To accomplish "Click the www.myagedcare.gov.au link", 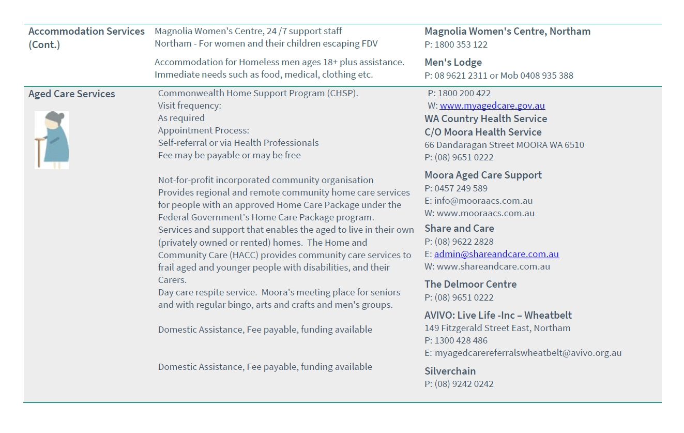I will pyautogui.click(x=492, y=106).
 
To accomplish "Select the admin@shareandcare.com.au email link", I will pyautogui.click(x=496, y=254).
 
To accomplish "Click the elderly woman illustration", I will pyautogui.click(x=52, y=140).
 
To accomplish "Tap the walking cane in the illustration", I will pyautogui.click(x=39, y=152).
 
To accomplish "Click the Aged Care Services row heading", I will pyautogui.click(x=72, y=94).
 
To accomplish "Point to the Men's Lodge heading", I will pyautogui.click(x=453, y=62).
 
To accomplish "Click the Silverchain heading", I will pyautogui.click(x=450, y=371).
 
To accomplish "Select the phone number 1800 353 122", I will pyautogui.click(x=461, y=44).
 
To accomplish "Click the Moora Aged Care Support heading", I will pyautogui.click(x=483, y=175).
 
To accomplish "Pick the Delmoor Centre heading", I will pyautogui.click(x=470, y=284).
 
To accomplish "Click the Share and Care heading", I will pyautogui.click(x=459, y=228).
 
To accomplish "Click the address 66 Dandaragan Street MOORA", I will pyautogui.click(x=504, y=145).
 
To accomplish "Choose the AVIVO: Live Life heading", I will pyautogui.click(x=498, y=315).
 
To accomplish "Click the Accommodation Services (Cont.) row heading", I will pyautogui.click(x=86, y=38).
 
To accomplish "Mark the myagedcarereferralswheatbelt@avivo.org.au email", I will pyautogui.click(x=528, y=353).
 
